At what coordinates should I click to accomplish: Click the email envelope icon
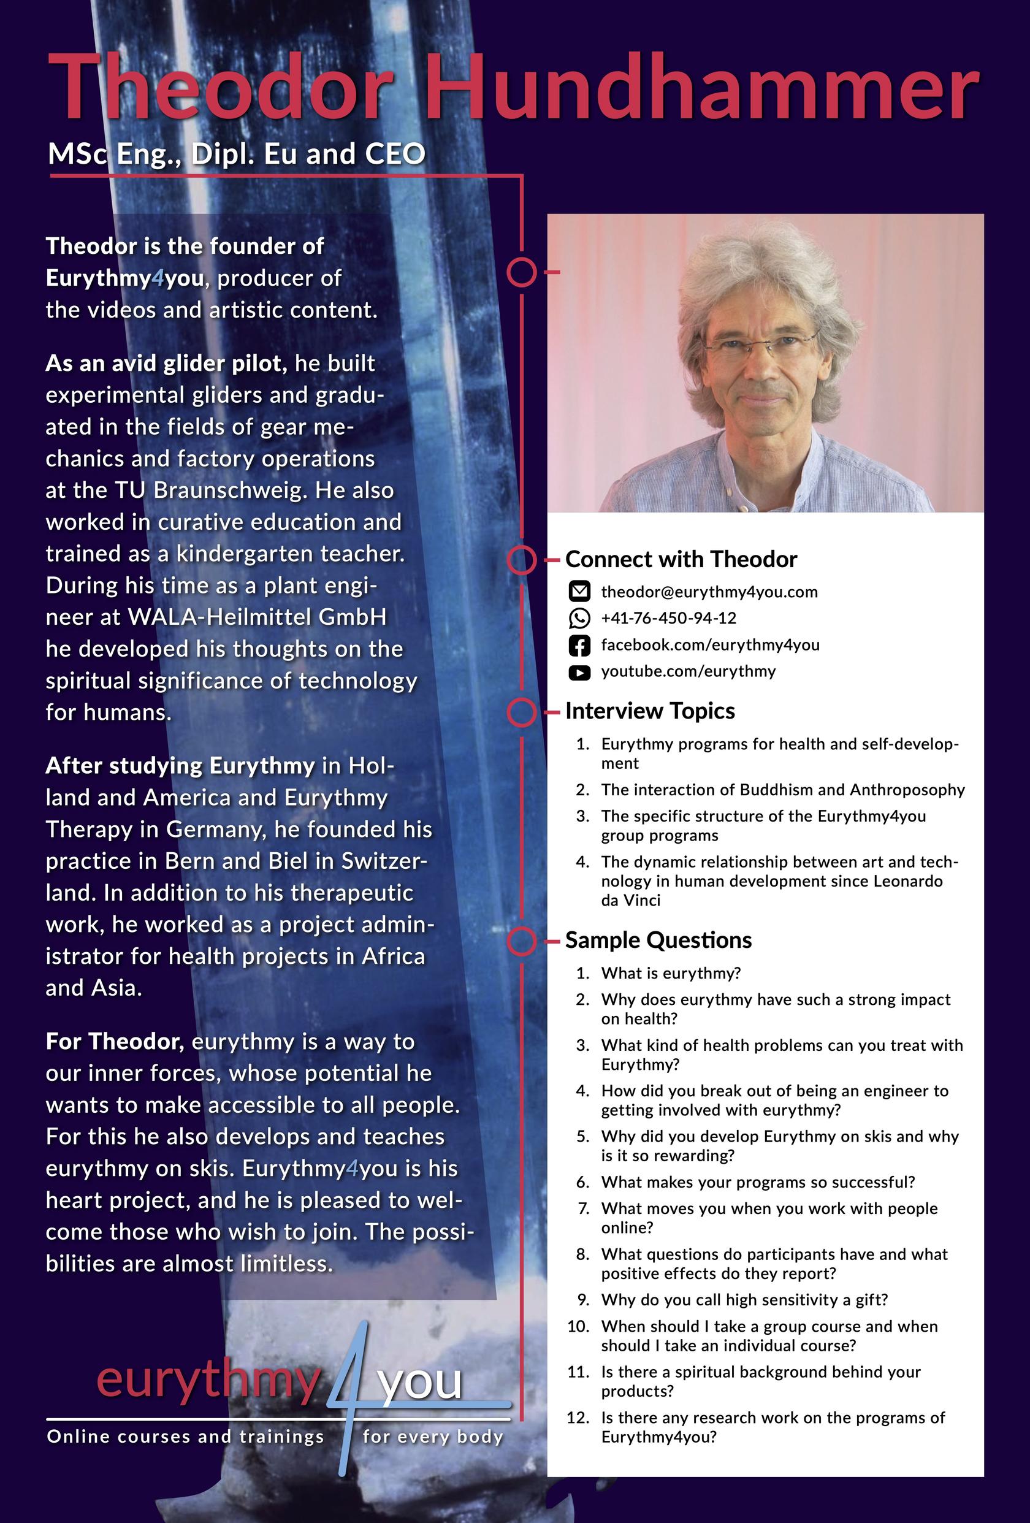(579, 592)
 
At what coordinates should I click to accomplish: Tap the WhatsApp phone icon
(579, 618)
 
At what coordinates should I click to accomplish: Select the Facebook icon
(579, 645)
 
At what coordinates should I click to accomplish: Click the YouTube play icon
(579, 672)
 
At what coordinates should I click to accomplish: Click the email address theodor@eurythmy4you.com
(709, 592)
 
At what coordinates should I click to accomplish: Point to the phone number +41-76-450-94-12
(668, 618)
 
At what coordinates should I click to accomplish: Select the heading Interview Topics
(650, 711)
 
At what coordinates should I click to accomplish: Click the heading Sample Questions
(658, 941)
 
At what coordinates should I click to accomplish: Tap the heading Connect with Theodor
(681, 559)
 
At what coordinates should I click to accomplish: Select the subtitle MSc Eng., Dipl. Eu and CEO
(237, 154)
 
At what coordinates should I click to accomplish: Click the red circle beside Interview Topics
(522, 712)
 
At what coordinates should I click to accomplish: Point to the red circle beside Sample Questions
(522, 941)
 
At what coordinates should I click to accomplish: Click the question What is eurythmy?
(671, 973)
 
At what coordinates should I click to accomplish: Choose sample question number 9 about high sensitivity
(744, 1300)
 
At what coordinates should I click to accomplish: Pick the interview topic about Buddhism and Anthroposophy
(783, 790)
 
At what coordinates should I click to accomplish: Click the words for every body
(433, 1437)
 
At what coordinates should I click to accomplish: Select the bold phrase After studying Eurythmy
(180, 765)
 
